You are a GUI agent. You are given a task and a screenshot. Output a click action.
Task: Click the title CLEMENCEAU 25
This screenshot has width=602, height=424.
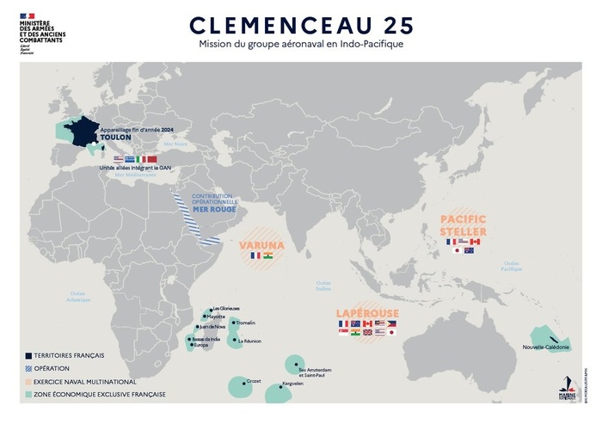click(300, 23)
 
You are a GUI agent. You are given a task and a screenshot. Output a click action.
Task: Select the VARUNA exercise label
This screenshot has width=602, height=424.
click(261, 233)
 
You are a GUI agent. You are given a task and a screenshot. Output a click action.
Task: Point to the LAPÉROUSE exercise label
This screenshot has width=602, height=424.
click(365, 314)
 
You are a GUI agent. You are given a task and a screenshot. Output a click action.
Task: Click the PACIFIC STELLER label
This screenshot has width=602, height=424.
click(464, 225)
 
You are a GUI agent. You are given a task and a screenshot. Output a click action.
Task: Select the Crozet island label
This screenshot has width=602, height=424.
click(254, 380)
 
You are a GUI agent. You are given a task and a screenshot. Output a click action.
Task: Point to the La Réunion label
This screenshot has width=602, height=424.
click(247, 341)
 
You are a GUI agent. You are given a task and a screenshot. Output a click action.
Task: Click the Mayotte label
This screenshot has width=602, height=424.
click(216, 316)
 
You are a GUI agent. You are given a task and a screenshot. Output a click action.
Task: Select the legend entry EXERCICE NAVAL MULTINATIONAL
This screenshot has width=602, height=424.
click(82, 381)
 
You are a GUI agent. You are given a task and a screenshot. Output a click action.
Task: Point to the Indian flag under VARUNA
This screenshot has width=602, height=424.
click(267, 255)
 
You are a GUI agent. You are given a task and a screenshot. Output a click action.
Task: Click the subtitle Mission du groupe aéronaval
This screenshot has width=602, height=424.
click(300, 43)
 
